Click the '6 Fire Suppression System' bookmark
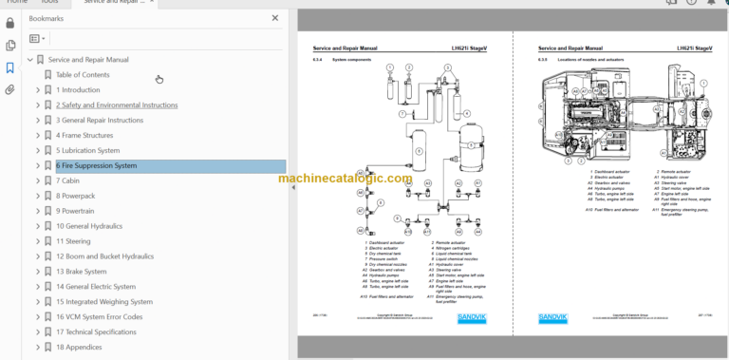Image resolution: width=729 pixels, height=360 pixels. click(96, 166)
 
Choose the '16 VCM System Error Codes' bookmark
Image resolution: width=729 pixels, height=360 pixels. click(99, 317)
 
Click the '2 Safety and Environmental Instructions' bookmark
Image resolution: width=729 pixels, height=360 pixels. click(116, 105)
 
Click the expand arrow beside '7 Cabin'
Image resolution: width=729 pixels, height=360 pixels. click(38, 181)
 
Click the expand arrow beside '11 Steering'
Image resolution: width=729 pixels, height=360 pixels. click(38, 242)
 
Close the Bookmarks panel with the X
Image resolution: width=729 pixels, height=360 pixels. click(275, 18)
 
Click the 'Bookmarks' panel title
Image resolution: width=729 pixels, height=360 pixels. click(47, 18)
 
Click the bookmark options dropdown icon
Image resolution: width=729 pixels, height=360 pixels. click(37, 39)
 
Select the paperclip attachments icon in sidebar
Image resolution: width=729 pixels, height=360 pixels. click(10, 90)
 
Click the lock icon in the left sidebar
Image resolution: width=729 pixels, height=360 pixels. click(10, 22)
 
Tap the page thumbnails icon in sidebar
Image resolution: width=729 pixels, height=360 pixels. click(10, 45)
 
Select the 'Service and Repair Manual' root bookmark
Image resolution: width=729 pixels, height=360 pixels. click(88, 60)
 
